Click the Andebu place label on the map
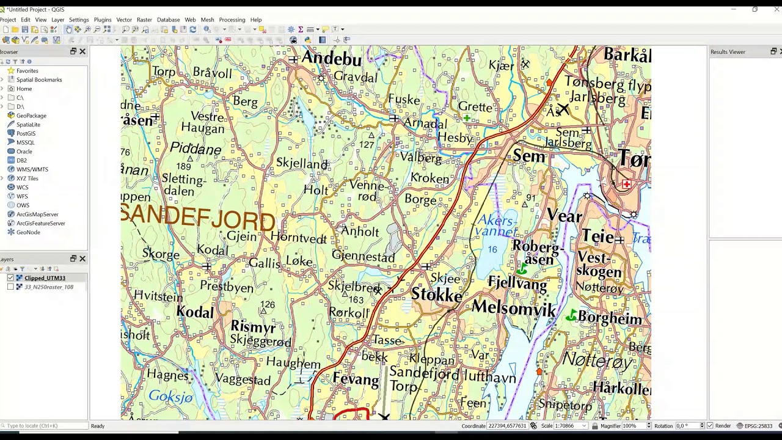pos(331,59)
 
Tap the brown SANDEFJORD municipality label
pos(198,217)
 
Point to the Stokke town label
pos(436,295)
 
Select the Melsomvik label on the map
pos(514,308)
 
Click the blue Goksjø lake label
pos(170,397)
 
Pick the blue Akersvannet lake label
pos(497,226)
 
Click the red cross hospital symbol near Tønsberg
pos(626,184)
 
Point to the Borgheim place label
pos(610,318)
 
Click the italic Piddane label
pos(195,148)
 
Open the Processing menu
pos(232,20)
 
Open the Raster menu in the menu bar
pos(144,20)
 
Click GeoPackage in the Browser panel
pos(31,116)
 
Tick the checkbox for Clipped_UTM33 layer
pos(10,278)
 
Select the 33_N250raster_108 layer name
pos(49,287)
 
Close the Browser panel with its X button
pos(82,52)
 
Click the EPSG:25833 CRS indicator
pos(756,426)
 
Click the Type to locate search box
pos(44,426)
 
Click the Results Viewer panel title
pos(728,52)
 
